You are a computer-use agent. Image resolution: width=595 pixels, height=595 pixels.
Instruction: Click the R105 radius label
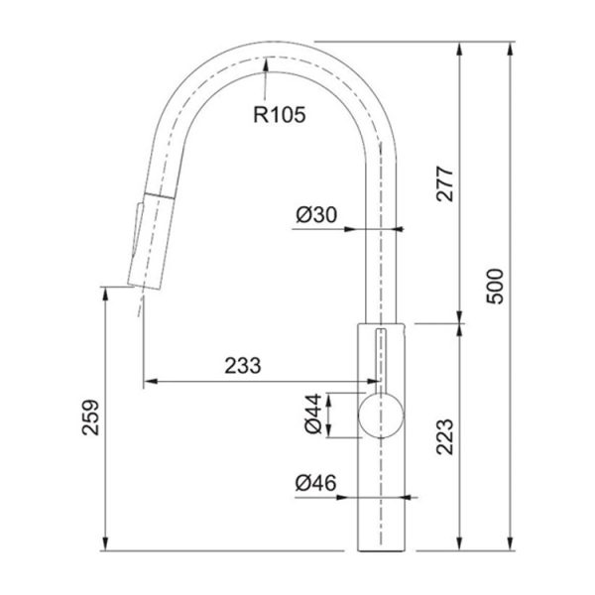pos(280,115)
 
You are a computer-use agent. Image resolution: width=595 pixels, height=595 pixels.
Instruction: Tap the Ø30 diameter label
pos(316,215)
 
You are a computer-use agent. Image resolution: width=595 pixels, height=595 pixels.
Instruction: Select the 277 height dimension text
pos(445,183)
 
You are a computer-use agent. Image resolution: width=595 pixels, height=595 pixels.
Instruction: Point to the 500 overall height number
pos(495,287)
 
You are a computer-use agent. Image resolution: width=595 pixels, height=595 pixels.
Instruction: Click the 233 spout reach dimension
pos(243,366)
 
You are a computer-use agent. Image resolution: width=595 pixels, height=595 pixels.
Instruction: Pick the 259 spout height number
pos(90,417)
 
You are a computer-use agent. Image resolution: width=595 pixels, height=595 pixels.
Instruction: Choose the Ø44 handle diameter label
pos(313,414)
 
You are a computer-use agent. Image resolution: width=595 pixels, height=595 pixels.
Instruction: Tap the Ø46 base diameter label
pos(315,483)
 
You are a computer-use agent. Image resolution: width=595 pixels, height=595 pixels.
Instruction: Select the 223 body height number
pos(445,436)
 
